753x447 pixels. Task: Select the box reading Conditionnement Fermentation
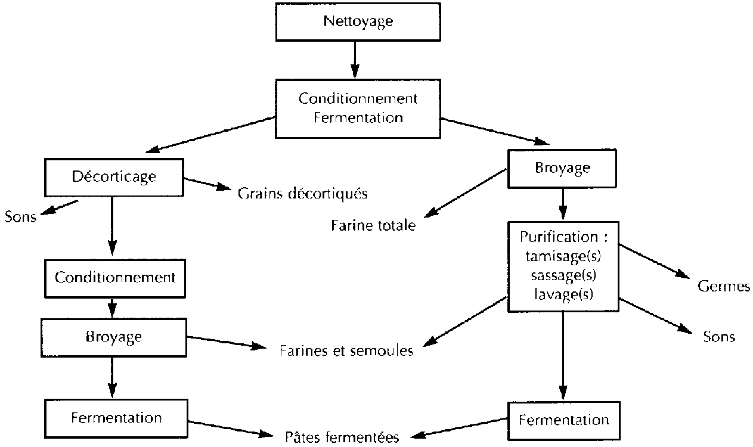358,108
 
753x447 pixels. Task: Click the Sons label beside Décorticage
20,216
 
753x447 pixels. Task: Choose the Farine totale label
373,226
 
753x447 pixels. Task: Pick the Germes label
723,287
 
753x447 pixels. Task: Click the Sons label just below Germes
719,337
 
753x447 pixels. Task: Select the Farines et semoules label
346,350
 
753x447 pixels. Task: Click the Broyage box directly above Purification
562,167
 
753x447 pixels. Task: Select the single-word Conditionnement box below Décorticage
115,278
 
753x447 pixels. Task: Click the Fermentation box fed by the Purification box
563,420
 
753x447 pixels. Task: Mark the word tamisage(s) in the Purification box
563,256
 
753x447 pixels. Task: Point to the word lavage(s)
563,293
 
